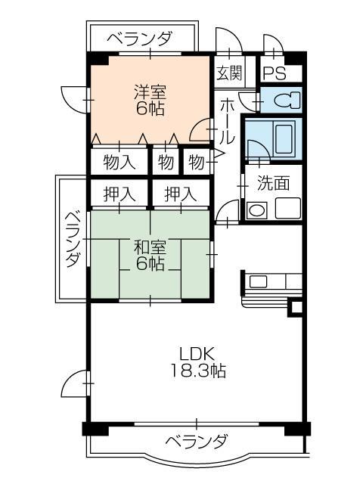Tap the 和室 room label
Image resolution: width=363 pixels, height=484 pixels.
pyautogui.click(x=150, y=247)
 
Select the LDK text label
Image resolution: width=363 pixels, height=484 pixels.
pyautogui.click(x=198, y=353)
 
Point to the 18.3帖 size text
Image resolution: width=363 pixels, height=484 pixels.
pyautogui.click(x=198, y=371)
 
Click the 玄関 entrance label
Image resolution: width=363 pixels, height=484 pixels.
pyautogui.click(x=229, y=73)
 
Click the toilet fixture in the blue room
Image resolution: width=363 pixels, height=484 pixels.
pyautogui.click(x=284, y=100)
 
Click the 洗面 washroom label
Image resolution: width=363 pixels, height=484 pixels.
pyautogui.click(x=273, y=182)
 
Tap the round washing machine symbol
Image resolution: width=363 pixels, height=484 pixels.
pyautogui.click(x=257, y=210)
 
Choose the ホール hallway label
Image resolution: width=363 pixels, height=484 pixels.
pyautogui.click(x=226, y=121)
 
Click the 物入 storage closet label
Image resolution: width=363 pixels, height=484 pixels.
pyautogui.click(x=119, y=162)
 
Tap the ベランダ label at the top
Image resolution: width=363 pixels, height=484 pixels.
pyautogui.click(x=139, y=39)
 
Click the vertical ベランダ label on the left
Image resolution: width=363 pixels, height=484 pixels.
pyautogui.click(x=72, y=238)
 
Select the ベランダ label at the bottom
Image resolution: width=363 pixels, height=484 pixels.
pyautogui.click(x=195, y=441)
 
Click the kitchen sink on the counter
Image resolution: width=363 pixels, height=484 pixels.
pyautogui.click(x=258, y=282)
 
